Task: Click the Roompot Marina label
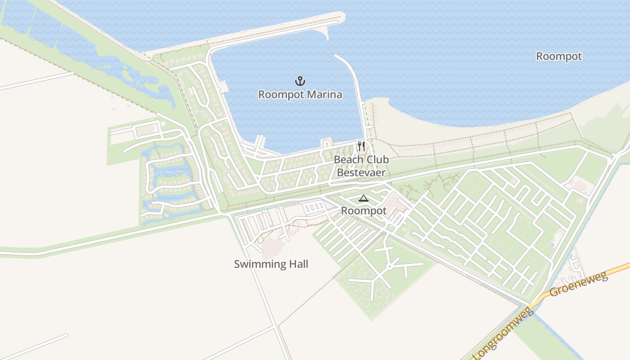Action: click(300, 94)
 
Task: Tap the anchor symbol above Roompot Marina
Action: click(300, 81)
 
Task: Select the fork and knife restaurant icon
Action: click(361, 146)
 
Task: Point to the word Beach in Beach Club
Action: click(349, 160)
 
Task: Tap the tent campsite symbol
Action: click(363, 198)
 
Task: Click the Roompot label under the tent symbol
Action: click(364, 211)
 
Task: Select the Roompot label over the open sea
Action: click(559, 56)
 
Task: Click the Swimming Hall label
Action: click(271, 264)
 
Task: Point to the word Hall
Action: click(296, 264)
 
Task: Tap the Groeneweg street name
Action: click(579, 284)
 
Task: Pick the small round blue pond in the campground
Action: click(552, 245)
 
